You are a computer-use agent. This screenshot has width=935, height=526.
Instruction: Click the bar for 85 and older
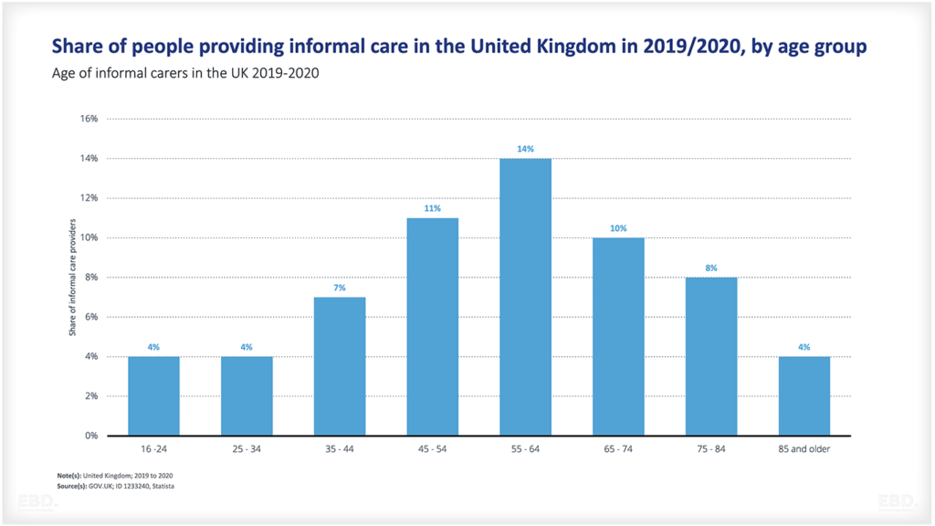(804, 395)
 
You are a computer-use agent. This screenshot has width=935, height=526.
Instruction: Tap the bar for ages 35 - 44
(340, 365)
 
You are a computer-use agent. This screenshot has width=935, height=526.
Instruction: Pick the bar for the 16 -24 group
(153, 395)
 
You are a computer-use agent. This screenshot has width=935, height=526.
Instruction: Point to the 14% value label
(525, 149)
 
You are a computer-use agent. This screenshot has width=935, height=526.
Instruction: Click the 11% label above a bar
(432, 208)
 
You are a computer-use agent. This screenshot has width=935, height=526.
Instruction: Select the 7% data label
(340, 288)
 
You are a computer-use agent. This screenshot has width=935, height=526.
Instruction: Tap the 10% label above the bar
(618, 228)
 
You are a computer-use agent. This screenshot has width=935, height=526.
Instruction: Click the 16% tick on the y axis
(89, 119)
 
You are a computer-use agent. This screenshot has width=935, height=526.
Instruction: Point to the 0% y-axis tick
(91, 436)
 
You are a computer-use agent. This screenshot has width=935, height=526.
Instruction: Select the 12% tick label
(89, 198)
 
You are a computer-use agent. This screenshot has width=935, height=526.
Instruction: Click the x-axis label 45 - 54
(432, 450)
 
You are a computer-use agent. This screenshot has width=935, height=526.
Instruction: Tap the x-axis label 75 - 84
(710, 450)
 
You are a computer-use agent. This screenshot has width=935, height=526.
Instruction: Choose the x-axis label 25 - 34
(247, 450)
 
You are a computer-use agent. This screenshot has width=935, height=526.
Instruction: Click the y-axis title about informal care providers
(71, 277)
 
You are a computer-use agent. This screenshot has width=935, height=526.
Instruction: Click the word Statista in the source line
(163, 486)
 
